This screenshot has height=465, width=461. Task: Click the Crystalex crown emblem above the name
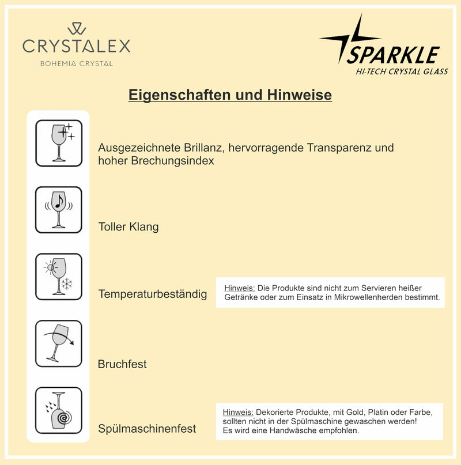pyautogui.click(x=77, y=29)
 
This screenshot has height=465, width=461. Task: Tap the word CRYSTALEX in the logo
pyautogui.click(x=77, y=46)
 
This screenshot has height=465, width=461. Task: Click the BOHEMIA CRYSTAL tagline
pyautogui.click(x=77, y=63)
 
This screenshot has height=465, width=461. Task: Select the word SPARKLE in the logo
pyautogui.click(x=394, y=55)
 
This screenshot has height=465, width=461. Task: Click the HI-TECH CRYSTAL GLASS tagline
pyautogui.click(x=402, y=71)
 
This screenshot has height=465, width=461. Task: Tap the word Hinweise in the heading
pyautogui.click(x=299, y=95)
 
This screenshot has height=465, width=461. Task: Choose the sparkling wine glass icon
pyautogui.click(x=59, y=143)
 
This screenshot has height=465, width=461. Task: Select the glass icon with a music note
pyautogui.click(x=59, y=210)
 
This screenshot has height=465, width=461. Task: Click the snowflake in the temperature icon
pyautogui.click(x=67, y=284)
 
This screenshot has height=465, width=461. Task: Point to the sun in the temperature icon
pyautogui.click(x=51, y=267)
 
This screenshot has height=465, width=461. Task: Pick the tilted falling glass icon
pyautogui.click(x=59, y=343)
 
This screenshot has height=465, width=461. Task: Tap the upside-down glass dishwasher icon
pyautogui.click(x=59, y=410)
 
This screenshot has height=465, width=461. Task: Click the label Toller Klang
pyautogui.click(x=129, y=227)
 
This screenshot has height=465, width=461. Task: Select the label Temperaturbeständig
pyautogui.click(x=153, y=294)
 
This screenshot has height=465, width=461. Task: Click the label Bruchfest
pyautogui.click(x=122, y=364)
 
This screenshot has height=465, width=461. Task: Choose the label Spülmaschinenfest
pyautogui.click(x=147, y=429)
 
